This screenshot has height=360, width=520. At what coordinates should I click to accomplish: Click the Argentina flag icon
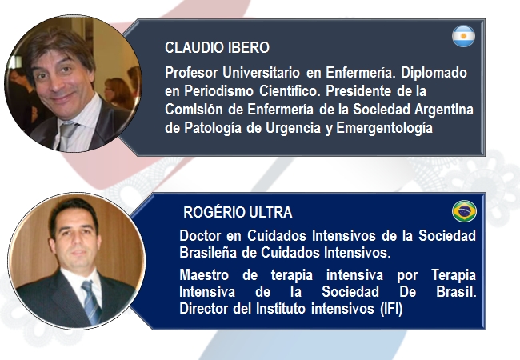(x=463, y=36)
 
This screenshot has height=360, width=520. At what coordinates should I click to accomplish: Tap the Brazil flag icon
(x=464, y=211)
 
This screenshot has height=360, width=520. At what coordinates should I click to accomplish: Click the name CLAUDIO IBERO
(x=217, y=47)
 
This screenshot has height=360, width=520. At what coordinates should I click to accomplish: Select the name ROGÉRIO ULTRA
(x=238, y=212)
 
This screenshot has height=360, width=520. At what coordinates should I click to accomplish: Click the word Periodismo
(x=218, y=91)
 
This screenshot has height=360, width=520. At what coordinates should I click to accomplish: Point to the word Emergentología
(x=384, y=128)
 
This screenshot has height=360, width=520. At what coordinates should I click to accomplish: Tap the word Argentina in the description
(x=443, y=110)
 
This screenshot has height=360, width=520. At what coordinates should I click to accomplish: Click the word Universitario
(x=261, y=72)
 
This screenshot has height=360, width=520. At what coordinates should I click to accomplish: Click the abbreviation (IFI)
(x=391, y=309)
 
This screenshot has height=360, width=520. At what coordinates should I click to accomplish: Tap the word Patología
(x=213, y=128)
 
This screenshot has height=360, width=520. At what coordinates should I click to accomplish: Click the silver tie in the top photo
(x=66, y=135)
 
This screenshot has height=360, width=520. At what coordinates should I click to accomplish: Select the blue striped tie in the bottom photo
(x=91, y=302)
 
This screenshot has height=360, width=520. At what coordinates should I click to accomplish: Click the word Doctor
(x=200, y=236)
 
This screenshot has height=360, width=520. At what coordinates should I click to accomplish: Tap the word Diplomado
(x=434, y=72)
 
